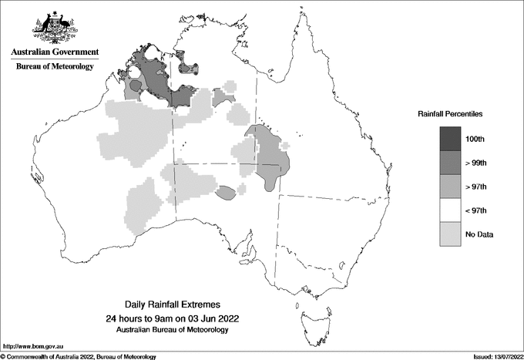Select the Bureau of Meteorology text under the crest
click(55, 67)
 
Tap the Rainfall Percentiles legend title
click(450, 113)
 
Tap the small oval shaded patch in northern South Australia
click(226, 193)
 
